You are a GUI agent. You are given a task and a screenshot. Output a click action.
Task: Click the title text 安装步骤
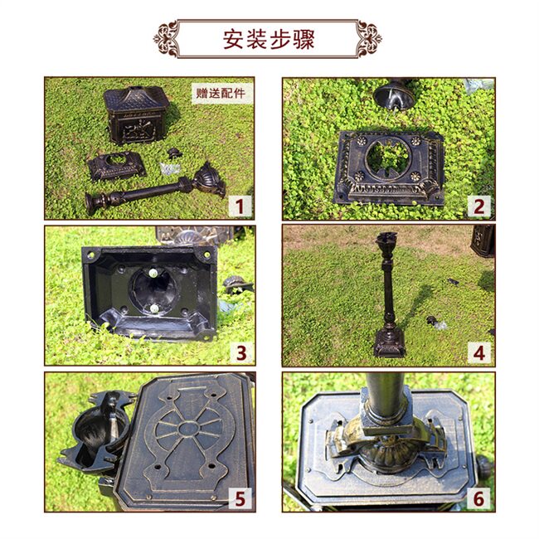[269, 39]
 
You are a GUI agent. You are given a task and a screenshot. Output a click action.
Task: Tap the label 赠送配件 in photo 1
[221, 93]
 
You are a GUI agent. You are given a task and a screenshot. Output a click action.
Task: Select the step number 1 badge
[240, 206]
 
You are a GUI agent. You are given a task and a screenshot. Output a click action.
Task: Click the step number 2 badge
[478, 206]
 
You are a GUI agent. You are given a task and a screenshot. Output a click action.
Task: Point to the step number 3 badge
[241, 353]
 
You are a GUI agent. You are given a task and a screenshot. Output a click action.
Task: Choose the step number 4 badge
[478, 353]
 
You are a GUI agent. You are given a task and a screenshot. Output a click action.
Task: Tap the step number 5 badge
[240, 498]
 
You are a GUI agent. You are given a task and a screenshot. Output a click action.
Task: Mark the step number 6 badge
[478, 498]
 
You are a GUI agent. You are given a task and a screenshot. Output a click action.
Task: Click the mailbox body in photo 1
[137, 114]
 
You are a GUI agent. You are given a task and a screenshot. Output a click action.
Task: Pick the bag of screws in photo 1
[170, 168]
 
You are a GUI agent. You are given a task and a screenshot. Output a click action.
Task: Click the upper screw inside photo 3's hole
[153, 274]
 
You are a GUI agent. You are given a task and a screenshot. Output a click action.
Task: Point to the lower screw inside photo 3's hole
[154, 308]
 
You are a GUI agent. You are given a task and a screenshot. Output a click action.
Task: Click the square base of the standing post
[390, 342]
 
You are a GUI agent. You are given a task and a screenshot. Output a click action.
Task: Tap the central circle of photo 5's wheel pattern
[188, 429]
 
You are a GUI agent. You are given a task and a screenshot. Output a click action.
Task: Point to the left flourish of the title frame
[167, 38]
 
